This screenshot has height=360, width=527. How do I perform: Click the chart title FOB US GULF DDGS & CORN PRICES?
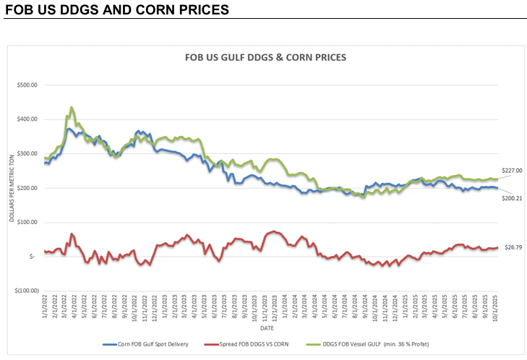coord(265,56)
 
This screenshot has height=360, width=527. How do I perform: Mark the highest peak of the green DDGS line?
coord(71,108)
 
